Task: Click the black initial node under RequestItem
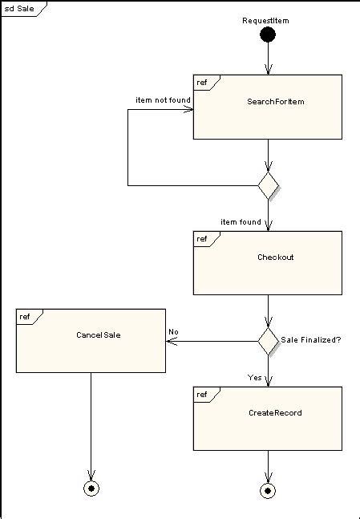(x=268, y=34)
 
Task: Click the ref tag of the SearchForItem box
(x=203, y=83)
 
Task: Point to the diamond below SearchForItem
(x=268, y=185)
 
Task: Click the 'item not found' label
(x=163, y=100)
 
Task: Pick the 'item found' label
(x=241, y=222)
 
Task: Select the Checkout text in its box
(x=275, y=257)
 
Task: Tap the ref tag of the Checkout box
(x=203, y=239)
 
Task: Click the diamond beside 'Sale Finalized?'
(x=268, y=340)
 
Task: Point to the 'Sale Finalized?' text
(x=311, y=340)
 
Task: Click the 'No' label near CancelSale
(x=173, y=331)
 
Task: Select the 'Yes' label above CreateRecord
(x=254, y=377)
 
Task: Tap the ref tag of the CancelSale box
(x=26, y=317)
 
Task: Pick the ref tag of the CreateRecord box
(x=203, y=395)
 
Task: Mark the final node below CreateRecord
(x=268, y=489)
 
